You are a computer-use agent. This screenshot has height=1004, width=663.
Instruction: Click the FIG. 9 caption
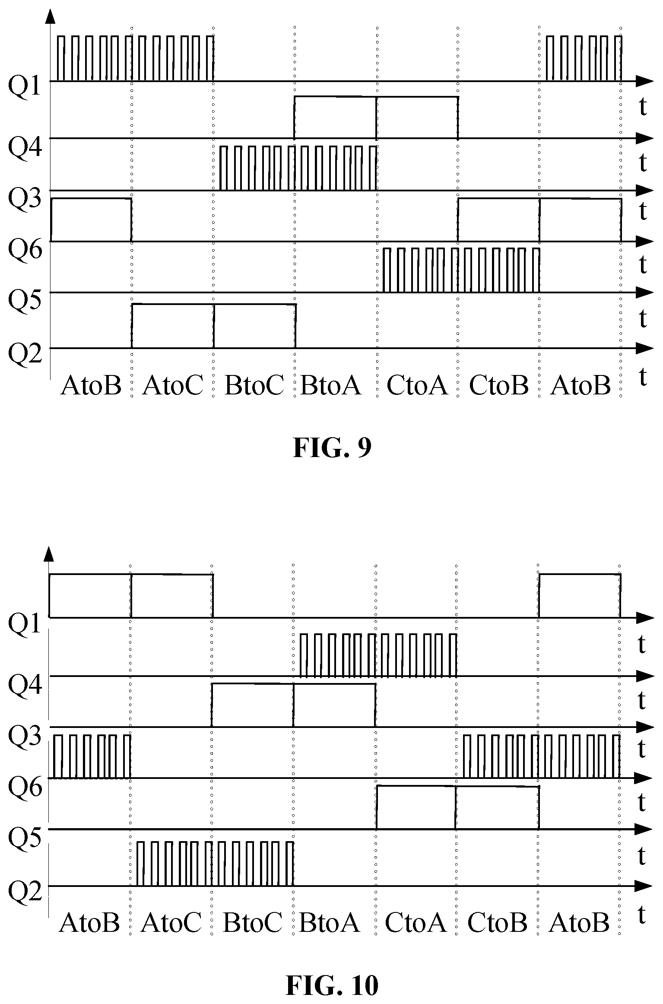[x=332, y=448]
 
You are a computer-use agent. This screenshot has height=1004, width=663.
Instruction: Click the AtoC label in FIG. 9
[x=172, y=385]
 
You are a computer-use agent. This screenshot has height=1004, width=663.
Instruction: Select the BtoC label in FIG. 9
[x=254, y=385]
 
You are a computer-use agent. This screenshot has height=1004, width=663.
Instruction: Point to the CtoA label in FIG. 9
[x=417, y=385]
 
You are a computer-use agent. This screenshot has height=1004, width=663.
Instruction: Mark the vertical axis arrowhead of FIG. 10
[x=49, y=554]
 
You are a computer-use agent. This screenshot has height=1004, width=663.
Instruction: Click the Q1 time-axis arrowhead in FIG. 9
[x=644, y=81]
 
